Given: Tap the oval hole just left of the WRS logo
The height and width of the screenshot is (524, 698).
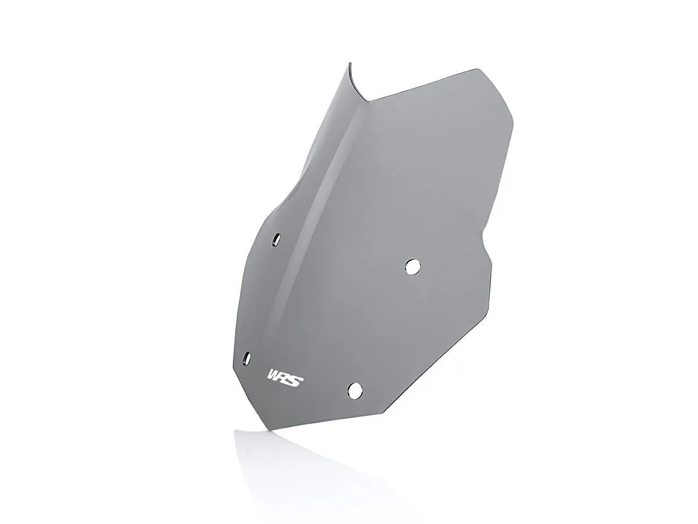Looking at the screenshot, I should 247,357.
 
